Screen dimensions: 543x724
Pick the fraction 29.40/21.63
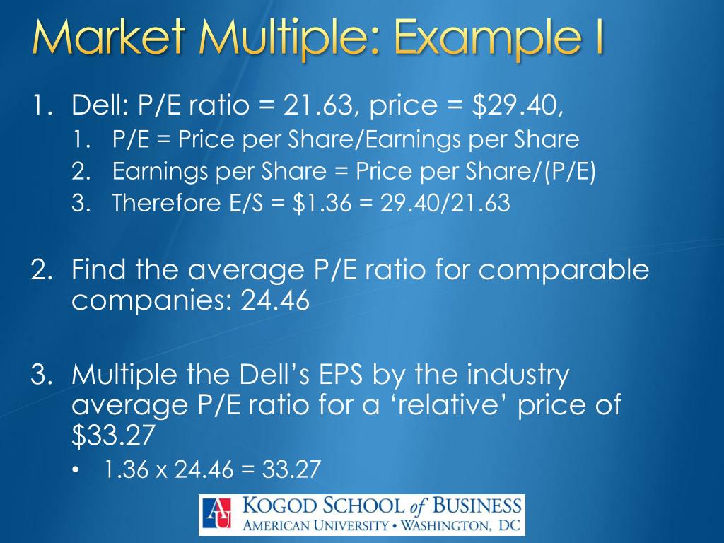coord(445,204)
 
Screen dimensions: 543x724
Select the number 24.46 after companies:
coord(276,301)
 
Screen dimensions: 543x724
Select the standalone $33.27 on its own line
coord(112,436)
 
